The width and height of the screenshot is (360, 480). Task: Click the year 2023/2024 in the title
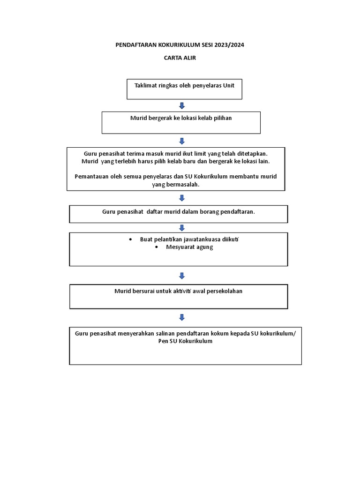[x=229, y=45]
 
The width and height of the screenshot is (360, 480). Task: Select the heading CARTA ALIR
[x=180, y=58]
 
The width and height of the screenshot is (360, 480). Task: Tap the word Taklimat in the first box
[x=145, y=85]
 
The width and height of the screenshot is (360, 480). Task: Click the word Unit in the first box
[x=228, y=85]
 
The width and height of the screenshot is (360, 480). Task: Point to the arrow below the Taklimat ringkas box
[x=182, y=106]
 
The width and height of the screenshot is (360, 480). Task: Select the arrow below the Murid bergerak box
[x=182, y=141]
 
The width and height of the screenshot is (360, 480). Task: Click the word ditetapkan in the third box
[x=252, y=154]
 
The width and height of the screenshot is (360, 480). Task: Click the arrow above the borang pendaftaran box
[x=182, y=198]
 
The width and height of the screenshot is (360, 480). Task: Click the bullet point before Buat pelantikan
[x=131, y=240]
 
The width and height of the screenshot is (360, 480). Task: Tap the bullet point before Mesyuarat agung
[x=157, y=247]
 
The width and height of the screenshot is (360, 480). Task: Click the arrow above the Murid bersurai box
[x=182, y=276]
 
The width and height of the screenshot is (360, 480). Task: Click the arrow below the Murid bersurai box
[x=182, y=317]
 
